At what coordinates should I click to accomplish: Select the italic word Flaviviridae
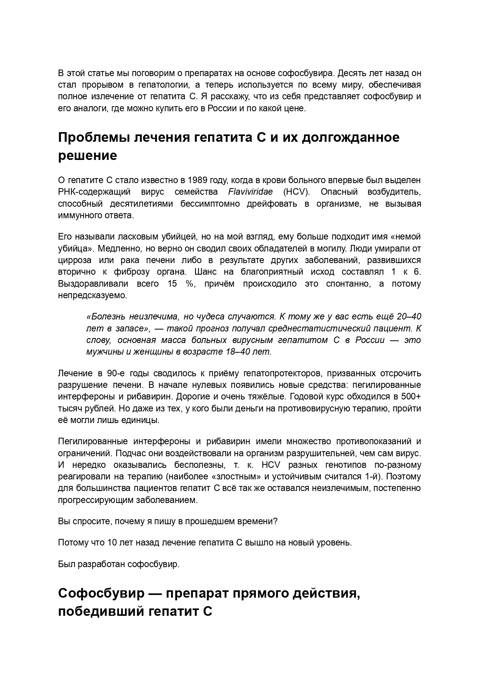[x=250, y=192]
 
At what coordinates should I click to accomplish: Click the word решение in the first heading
[x=87, y=155]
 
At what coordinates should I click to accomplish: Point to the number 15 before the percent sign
[x=172, y=284]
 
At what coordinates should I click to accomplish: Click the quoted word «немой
[x=406, y=236]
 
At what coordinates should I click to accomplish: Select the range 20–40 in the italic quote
[x=409, y=317]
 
